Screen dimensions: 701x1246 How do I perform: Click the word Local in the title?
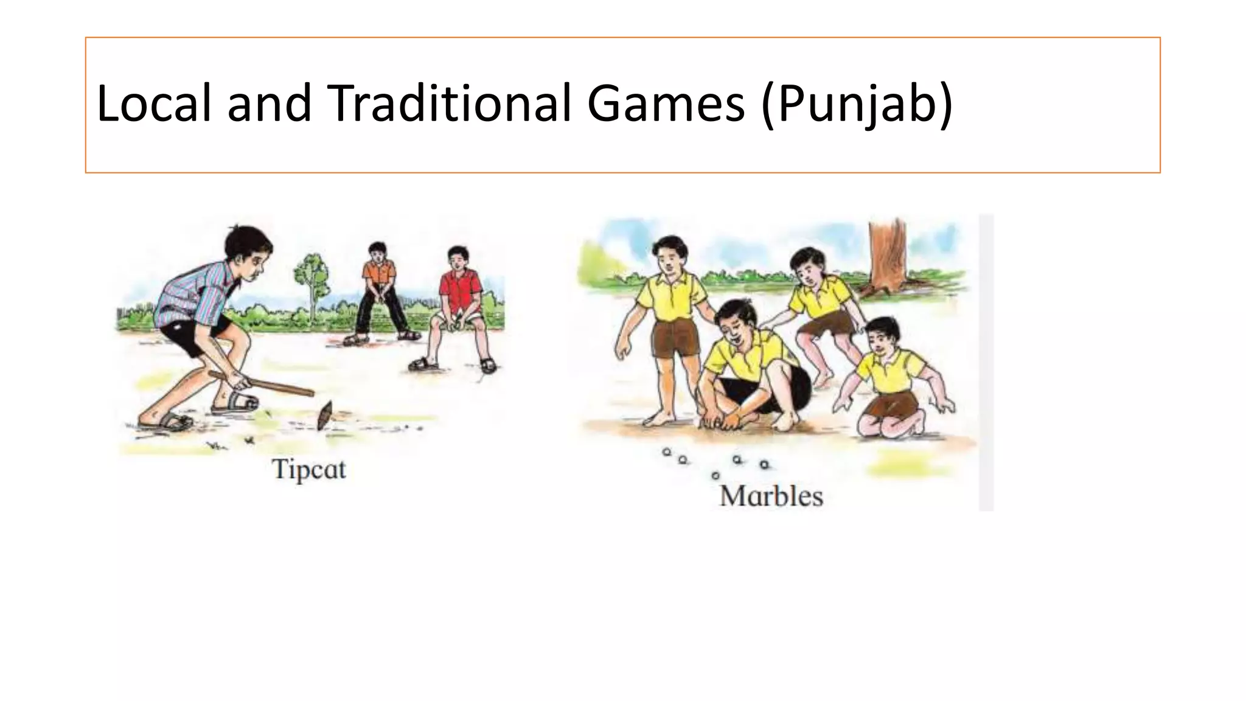[155, 103]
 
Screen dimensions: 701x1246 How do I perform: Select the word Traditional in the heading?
[451, 103]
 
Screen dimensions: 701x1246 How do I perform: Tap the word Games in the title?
[666, 103]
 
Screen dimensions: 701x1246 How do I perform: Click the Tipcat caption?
[308, 470]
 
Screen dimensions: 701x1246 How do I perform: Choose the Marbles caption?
[771, 497]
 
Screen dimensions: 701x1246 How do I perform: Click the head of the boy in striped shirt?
[246, 246]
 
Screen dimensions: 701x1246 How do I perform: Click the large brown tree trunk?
[888, 256]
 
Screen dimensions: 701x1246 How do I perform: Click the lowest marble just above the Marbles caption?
[715, 475]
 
